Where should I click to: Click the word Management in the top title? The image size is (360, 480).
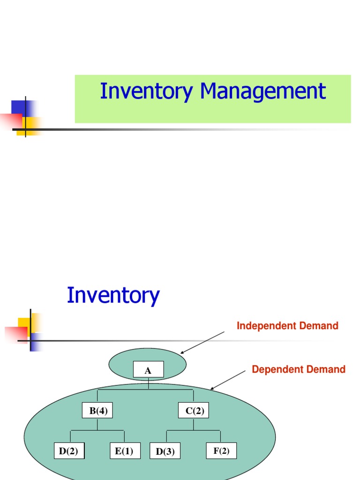point(263,91)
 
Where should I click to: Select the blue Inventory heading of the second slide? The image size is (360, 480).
point(113,295)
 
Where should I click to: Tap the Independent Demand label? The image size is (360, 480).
point(287,326)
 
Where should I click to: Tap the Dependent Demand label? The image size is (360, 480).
point(299,369)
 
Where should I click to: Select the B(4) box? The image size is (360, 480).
point(97,411)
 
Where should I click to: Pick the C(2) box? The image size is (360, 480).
point(193,411)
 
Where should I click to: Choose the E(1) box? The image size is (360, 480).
point(125,451)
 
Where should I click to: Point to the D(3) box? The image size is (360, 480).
point(165,452)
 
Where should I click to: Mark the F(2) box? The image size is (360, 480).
point(221,451)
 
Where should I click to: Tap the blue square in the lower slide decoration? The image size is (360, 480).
point(37,342)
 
